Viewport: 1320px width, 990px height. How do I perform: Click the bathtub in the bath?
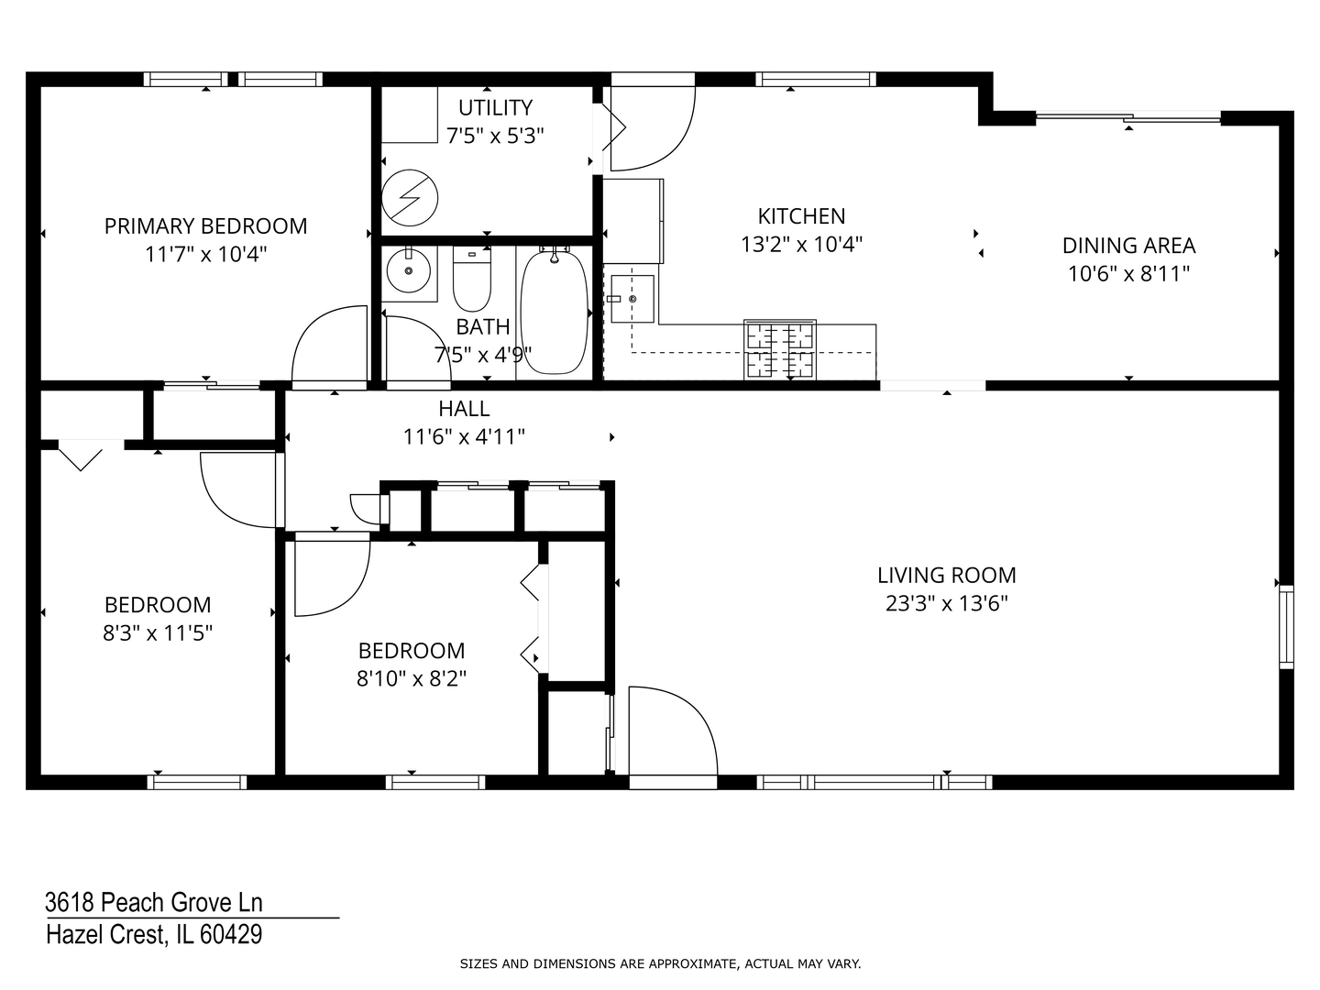tap(554, 312)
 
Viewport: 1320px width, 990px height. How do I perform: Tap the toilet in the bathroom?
tap(471, 279)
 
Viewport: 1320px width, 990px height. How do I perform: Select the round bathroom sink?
tap(408, 271)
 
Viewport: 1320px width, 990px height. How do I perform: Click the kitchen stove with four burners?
tap(780, 350)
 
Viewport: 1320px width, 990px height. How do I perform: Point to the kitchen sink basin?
tap(632, 299)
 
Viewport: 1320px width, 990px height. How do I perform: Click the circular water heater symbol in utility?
tap(410, 198)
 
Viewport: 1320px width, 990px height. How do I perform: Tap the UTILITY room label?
tap(495, 107)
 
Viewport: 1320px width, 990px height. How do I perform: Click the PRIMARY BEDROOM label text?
tap(205, 226)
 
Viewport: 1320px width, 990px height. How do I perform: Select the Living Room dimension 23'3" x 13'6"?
tap(947, 603)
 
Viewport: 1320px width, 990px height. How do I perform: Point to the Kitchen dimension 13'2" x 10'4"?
tap(801, 244)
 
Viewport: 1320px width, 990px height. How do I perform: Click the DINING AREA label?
tap(1128, 246)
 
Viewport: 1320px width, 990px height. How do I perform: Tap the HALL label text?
tap(464, 409)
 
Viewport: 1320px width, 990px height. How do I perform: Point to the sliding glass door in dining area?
tap(1128, 118)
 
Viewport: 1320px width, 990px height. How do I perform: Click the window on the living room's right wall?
tap(1286, 626)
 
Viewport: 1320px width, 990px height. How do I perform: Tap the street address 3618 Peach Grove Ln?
tap(154, 902)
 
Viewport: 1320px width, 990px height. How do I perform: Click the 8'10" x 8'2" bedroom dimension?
tap(412, 679)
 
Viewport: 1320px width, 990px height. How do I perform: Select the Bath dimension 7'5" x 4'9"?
tap(483, 356)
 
